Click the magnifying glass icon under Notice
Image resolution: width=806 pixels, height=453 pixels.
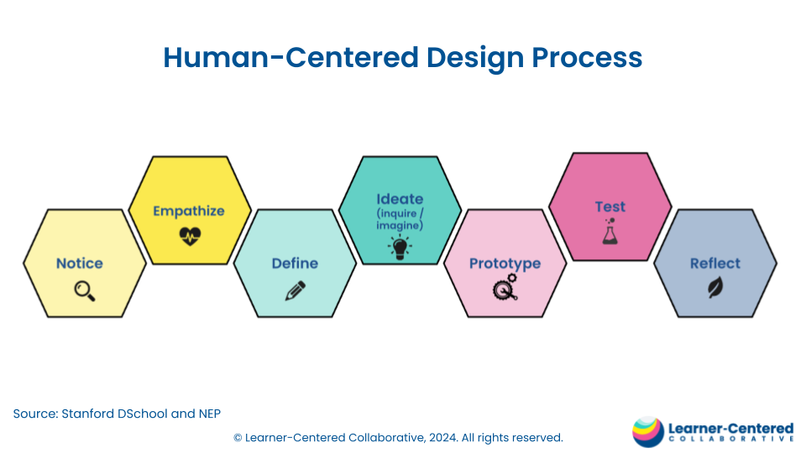(x=85, y=290)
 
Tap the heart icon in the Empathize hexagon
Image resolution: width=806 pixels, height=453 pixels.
(x=190, y=236)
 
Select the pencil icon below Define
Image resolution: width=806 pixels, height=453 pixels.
(x=295, y=290)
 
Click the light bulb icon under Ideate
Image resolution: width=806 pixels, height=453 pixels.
(x=399, y=246)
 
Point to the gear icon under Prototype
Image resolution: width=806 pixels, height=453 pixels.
(x=505, y=289)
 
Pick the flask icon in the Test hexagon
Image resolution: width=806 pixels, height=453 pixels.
(x=610, y=232)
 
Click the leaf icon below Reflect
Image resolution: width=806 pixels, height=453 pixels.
(x=714, y=289)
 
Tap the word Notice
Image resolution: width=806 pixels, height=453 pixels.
(x=80, y=263)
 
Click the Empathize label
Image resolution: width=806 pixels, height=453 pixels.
(x=189, y=211)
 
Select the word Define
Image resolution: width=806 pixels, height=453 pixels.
(x=295, y=263)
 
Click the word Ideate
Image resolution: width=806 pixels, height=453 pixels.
(x=400, y=200)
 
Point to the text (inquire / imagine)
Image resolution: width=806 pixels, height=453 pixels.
(x=400, y=220)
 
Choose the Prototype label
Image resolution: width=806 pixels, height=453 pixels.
(x=505, y=263)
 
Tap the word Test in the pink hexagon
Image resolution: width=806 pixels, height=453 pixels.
(x=610, y=207)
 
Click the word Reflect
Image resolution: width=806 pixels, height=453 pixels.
(x=715, y=263)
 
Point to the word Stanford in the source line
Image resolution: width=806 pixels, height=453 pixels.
(x=92, y=414)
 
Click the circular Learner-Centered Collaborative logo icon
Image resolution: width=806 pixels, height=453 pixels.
(x=648, y=431)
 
